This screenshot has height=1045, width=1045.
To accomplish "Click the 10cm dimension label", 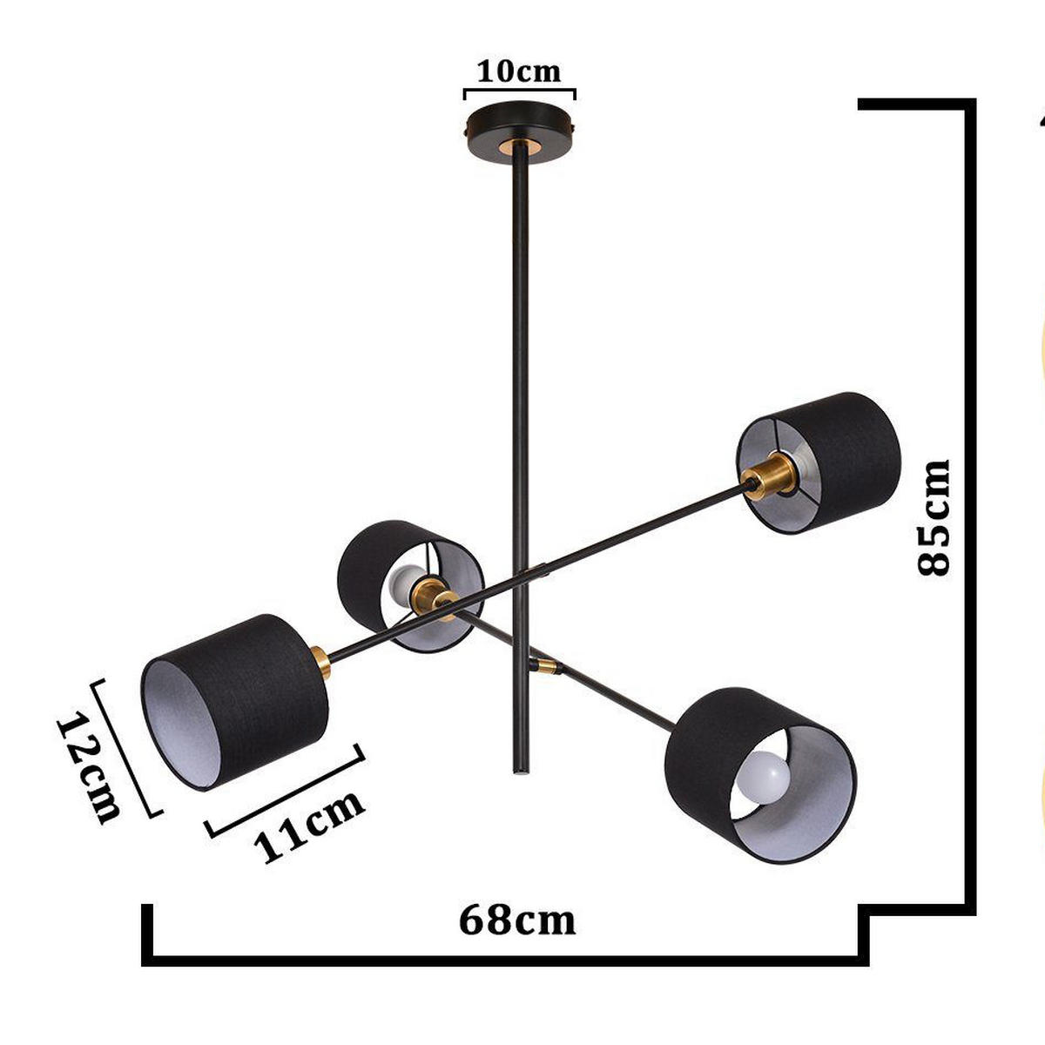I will point(519,71).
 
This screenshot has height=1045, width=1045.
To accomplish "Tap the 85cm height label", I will point(934,517).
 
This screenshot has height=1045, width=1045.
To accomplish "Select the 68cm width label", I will point(517,920).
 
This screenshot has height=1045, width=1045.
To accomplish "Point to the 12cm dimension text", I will point(89,767).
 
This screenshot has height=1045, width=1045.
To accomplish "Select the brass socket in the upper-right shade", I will point(770,476).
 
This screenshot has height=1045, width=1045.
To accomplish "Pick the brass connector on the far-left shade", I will point(320,664).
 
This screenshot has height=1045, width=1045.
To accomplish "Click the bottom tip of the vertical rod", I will point(519,771).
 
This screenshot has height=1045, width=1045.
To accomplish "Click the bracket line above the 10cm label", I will point(520,89).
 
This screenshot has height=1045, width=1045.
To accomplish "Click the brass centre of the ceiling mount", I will point(521,146).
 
